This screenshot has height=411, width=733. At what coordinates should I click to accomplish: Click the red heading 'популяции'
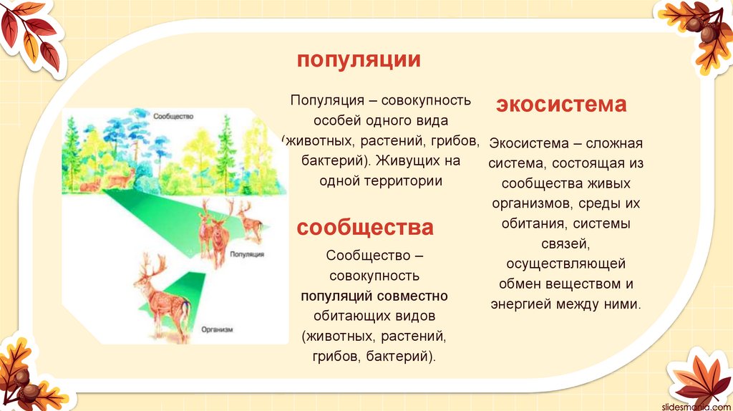click(x=359, y=60)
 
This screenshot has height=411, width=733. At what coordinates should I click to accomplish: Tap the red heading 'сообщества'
click(x=365, y=228)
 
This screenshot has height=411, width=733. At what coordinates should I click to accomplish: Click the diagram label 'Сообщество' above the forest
click(x=173, y=115)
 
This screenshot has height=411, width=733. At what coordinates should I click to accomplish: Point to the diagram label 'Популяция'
click(x=248, y=254)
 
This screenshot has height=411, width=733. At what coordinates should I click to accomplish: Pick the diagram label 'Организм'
click(x=217, y=330)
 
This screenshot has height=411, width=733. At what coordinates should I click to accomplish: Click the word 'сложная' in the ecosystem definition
click(x=613, y=143)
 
